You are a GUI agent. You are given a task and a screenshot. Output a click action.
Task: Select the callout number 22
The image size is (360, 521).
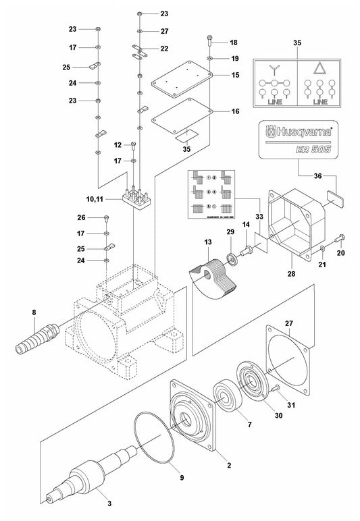coord(164,49)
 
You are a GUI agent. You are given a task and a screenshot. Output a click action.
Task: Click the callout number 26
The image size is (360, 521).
coord(82,217)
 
